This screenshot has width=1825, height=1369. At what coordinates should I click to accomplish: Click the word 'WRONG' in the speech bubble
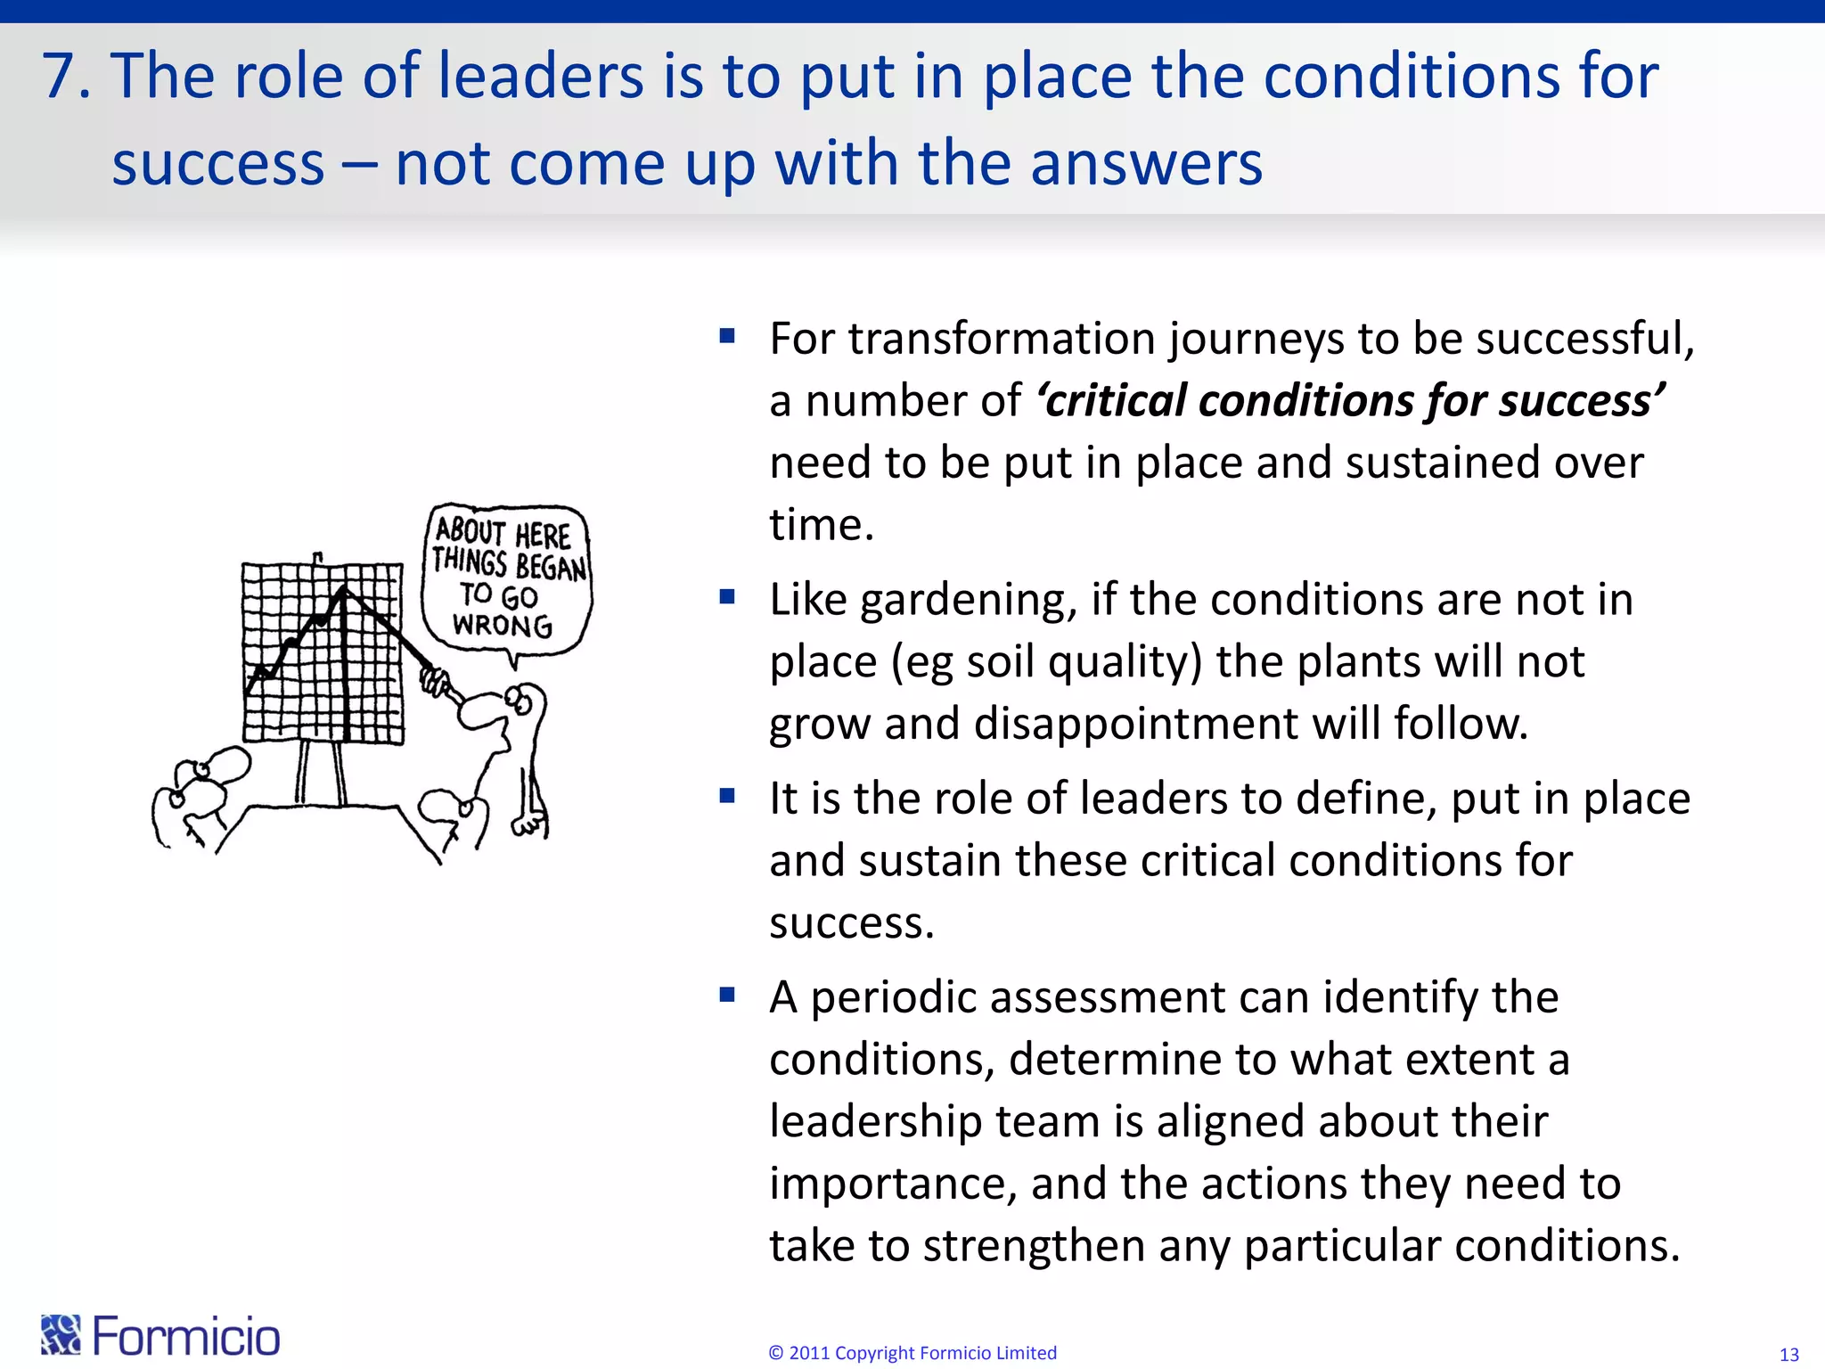pyautogui.click(x=502, y=625)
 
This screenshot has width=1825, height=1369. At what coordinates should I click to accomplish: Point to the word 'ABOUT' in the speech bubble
pyautogui.click(x=471, y=531)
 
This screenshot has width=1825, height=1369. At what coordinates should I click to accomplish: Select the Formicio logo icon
pyautogui.click(x=61, y=1334)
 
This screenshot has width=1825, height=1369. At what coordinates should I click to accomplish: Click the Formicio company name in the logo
pyautogui.click(x=186, y=1336)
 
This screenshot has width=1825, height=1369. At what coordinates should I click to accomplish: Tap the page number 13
pyautogui.click(x=1788, y=1355)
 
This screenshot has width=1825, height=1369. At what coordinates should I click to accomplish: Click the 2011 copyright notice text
pyautogui.click(x=912, y=1353)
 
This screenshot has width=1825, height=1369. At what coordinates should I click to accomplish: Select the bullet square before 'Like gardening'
pyautogui.click(x=727, y=596)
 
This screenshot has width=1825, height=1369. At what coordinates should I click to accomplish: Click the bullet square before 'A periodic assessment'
pyautogui.click(x=727, y=994)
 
